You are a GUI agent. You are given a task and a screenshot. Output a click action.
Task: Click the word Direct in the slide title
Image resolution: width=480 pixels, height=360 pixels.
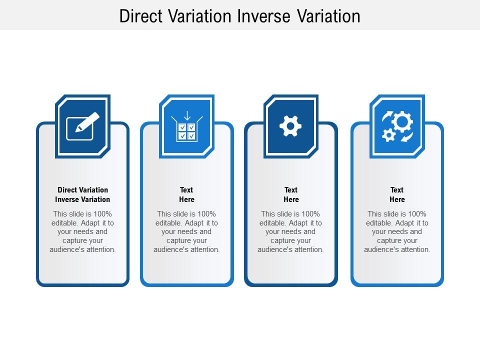(141, 16)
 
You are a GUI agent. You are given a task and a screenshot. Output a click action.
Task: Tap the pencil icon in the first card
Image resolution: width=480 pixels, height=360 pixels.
(87, 122)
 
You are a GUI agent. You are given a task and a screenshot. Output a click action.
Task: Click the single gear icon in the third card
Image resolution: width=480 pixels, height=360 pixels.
(290, 126)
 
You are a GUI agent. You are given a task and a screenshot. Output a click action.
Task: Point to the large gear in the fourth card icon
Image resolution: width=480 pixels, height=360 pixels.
(402, 122)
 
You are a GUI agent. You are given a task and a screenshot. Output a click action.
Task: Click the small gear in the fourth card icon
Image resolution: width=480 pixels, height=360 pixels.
(389, 135)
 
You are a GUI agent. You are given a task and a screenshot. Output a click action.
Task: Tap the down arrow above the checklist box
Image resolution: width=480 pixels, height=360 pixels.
(187, 115)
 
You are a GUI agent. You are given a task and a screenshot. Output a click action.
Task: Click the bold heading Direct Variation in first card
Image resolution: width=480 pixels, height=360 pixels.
(82, 190)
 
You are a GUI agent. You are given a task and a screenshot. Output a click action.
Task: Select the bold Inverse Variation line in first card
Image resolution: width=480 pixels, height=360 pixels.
(82, 199)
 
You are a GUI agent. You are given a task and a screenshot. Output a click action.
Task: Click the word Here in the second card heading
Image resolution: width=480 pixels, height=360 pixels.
(186, 199)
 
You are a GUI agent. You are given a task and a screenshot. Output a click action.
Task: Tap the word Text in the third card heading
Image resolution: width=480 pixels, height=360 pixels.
(291, 190)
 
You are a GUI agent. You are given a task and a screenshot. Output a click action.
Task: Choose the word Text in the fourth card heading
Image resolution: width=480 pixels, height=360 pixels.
(397, 190)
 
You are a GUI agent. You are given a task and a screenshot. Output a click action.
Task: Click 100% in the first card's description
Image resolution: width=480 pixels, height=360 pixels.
(102, 213)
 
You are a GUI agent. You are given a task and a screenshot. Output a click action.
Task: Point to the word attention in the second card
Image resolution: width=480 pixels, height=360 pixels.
(204, 249)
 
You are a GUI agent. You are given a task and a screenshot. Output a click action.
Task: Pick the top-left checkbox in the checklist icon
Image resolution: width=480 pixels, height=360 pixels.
(182, 127)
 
